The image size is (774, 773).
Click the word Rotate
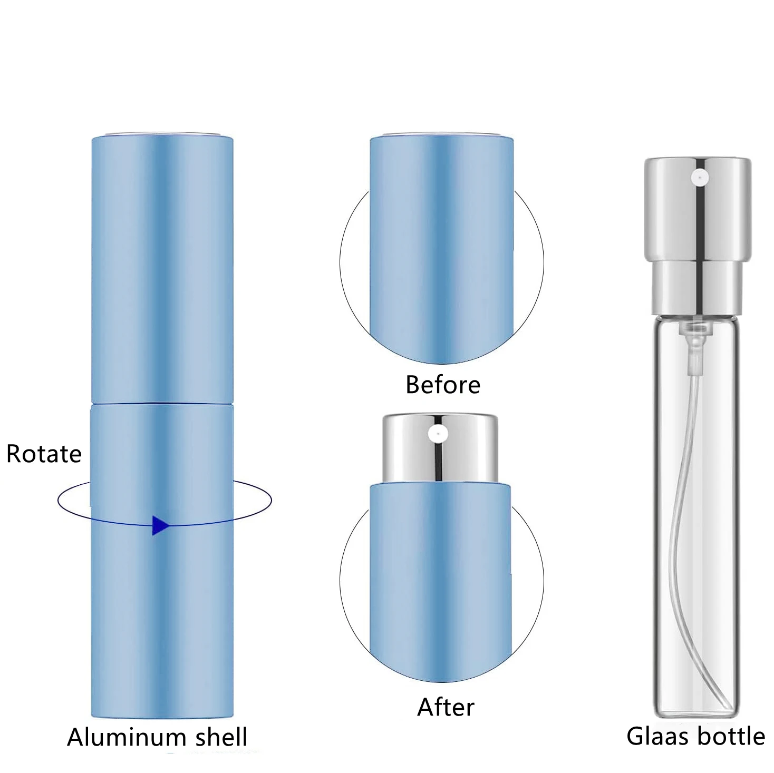click(44, 454)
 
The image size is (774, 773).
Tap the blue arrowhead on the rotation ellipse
click(160, 525)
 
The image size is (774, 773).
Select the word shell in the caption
click(221, 737)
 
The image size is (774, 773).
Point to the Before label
click(443, 385)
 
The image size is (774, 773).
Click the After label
click(446, 707)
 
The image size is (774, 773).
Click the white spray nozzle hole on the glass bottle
click(700, 178)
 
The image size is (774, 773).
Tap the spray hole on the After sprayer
click(438, 434)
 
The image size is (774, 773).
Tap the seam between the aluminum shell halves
click(162, 404)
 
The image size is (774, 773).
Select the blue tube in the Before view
click(441, 248)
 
